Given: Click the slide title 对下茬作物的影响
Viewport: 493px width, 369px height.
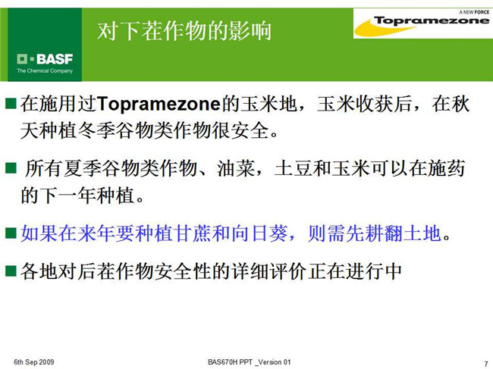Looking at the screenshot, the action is click(x=184, y=31).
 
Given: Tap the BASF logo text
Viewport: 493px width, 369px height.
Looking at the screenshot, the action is click(x=45, y=59).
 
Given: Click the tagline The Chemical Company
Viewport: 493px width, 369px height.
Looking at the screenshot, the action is click(x=45, y=70).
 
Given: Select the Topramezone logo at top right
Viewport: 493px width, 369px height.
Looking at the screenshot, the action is click(x=422, y=23).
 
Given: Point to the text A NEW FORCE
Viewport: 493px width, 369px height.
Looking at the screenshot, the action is click(x=474, y=12).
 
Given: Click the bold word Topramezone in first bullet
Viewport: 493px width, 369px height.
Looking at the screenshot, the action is click(x=159, y=105).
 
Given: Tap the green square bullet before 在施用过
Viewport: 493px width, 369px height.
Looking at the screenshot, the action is click(x=11, y=103).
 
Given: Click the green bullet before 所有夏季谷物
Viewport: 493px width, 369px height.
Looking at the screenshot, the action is click(x=11, y=168).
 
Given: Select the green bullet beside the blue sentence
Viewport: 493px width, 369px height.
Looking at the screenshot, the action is click(x=11, y=233).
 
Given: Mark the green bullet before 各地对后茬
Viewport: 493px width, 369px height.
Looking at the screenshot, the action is click(x=11, y=270).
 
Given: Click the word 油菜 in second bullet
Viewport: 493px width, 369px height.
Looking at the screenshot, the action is click(x=235, y=169).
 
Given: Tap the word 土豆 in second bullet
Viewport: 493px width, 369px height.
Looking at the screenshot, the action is click(x=294, y=169).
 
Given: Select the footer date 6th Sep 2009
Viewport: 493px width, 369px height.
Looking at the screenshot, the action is click(x=34, y=362).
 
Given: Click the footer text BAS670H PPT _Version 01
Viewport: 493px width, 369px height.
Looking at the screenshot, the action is click(x=250, y=362).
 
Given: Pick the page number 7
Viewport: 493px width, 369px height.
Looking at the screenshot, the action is click(x=486, y=364).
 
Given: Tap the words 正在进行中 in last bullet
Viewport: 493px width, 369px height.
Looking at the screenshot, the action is click(x=355, y=271).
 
